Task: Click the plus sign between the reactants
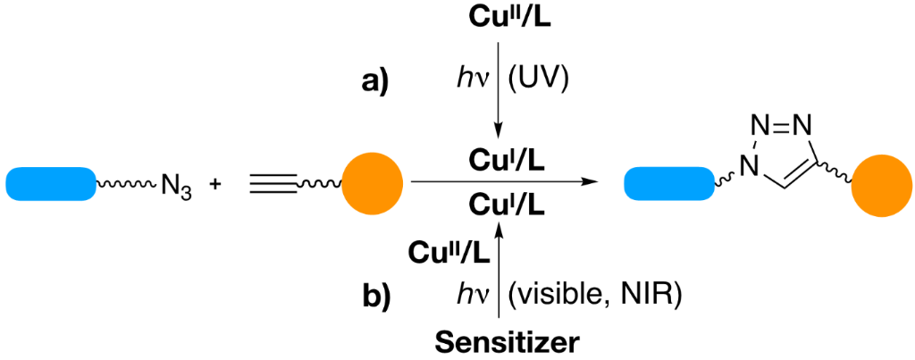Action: [x=215, y=186]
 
